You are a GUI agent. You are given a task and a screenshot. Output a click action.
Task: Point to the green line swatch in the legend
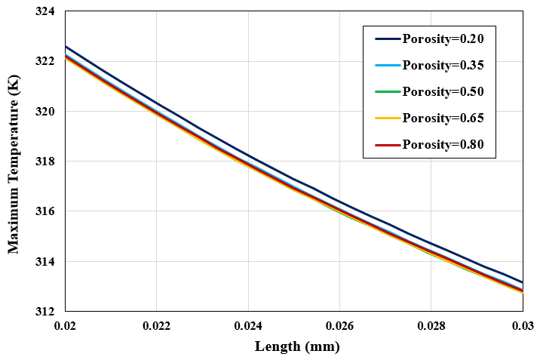coord(386,92)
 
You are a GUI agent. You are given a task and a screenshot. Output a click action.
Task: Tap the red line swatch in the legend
coord(386,144)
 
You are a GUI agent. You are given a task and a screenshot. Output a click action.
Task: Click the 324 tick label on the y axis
coord(47,11)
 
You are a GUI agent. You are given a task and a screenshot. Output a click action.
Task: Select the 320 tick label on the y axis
coord(47,112)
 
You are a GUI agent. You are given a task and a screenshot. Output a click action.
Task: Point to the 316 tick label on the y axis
coord(47,212)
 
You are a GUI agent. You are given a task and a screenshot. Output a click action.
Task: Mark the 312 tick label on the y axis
coord(47,312)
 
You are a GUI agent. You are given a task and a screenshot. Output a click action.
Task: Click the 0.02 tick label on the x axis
coord(66,327)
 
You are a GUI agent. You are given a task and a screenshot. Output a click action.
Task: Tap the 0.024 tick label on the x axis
coord(248,327)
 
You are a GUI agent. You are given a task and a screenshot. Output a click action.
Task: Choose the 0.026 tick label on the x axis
coord(339,327)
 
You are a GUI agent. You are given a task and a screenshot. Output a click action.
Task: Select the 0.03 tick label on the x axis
coord(523,327)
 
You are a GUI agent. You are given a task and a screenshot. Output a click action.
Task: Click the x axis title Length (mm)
coord(297,347)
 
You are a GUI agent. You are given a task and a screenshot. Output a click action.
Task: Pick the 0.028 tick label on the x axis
coord(431,327)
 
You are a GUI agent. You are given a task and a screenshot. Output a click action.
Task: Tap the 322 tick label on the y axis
coord(47,61)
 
